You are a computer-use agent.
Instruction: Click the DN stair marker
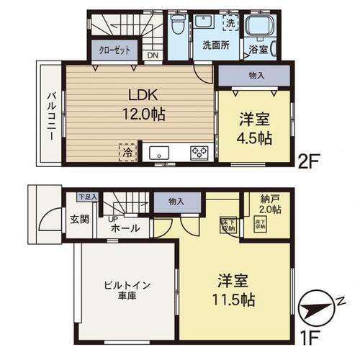tap(153, 55)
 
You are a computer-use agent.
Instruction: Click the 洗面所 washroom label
tap(215, 45)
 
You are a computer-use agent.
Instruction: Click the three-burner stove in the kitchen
tap(199, 152)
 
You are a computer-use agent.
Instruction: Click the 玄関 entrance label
tap(79, 219)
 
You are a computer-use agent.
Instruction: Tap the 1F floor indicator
tap(311, 336)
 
